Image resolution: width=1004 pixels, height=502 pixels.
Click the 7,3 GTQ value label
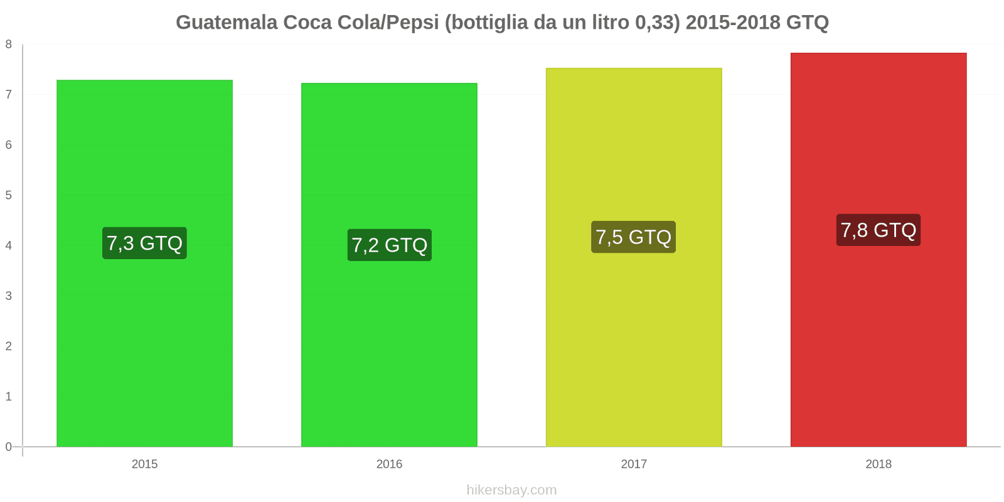[144, 243]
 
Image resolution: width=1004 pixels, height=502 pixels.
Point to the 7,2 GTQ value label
[389, 245]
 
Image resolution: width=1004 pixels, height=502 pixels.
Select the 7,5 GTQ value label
[633, 237]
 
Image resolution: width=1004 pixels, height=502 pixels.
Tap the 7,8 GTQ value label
[878, 230]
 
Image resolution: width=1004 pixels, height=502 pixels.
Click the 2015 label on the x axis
[144, 464]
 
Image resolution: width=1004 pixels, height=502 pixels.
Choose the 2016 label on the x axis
[389, 464]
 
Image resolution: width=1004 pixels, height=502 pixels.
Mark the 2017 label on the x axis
[634, 464]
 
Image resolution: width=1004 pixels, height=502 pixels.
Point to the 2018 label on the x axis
[878, 464]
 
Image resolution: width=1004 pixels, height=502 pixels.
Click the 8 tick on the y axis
[9, 45]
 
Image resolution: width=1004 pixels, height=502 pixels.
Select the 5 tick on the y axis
[9, 195]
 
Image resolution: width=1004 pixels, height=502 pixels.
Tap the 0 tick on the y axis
[9, 447]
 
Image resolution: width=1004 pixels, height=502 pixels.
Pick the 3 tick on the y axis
[9, 296]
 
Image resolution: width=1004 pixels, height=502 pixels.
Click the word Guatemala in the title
[227, 23]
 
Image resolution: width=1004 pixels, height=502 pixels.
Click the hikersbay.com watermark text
[511, 490]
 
